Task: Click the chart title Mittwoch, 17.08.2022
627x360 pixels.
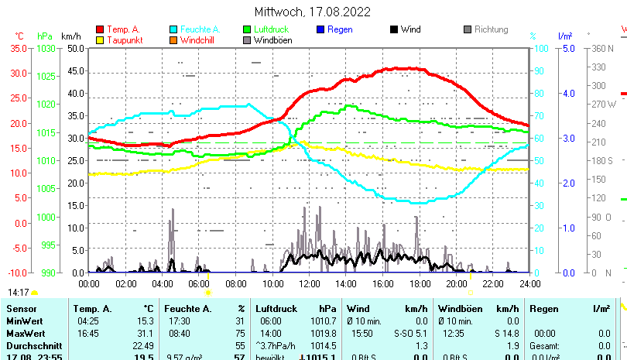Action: [312, 12]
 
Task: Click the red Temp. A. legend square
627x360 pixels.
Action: [99, 29]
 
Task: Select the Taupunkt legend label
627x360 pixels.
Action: [124, 40]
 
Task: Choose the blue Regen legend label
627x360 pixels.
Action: [341, 29]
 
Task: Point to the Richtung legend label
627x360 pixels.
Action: [491, 29]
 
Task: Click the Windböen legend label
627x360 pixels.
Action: [273, 40]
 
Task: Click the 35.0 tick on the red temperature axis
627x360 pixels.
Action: [19, 48]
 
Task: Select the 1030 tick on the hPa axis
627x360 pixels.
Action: [46, 48]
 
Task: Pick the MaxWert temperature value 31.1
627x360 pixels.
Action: [143, 333]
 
